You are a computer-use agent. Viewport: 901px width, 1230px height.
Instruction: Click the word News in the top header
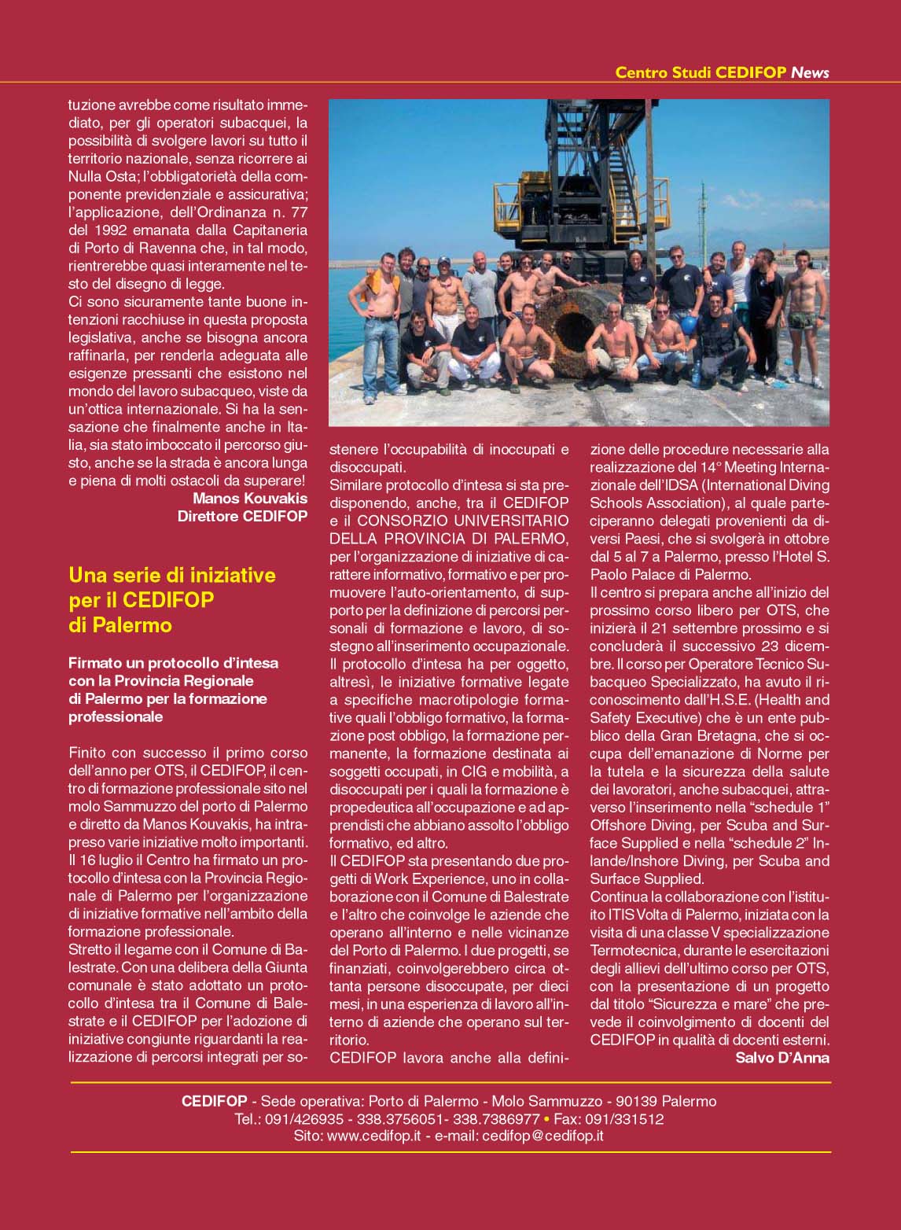[810, 72]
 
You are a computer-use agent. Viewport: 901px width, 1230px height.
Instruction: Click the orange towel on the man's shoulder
[385, 280]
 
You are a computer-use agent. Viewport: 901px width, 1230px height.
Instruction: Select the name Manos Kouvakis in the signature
[250, 498]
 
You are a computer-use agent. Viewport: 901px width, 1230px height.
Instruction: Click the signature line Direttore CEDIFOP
[242, 516]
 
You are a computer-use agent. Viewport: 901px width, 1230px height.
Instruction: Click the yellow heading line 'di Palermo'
[120, 625]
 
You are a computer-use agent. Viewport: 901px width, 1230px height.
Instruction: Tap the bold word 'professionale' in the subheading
[116, 716]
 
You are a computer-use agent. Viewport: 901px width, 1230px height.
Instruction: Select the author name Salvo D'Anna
[782, 1058]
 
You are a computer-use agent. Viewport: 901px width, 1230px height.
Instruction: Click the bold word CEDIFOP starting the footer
[214, 1101]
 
